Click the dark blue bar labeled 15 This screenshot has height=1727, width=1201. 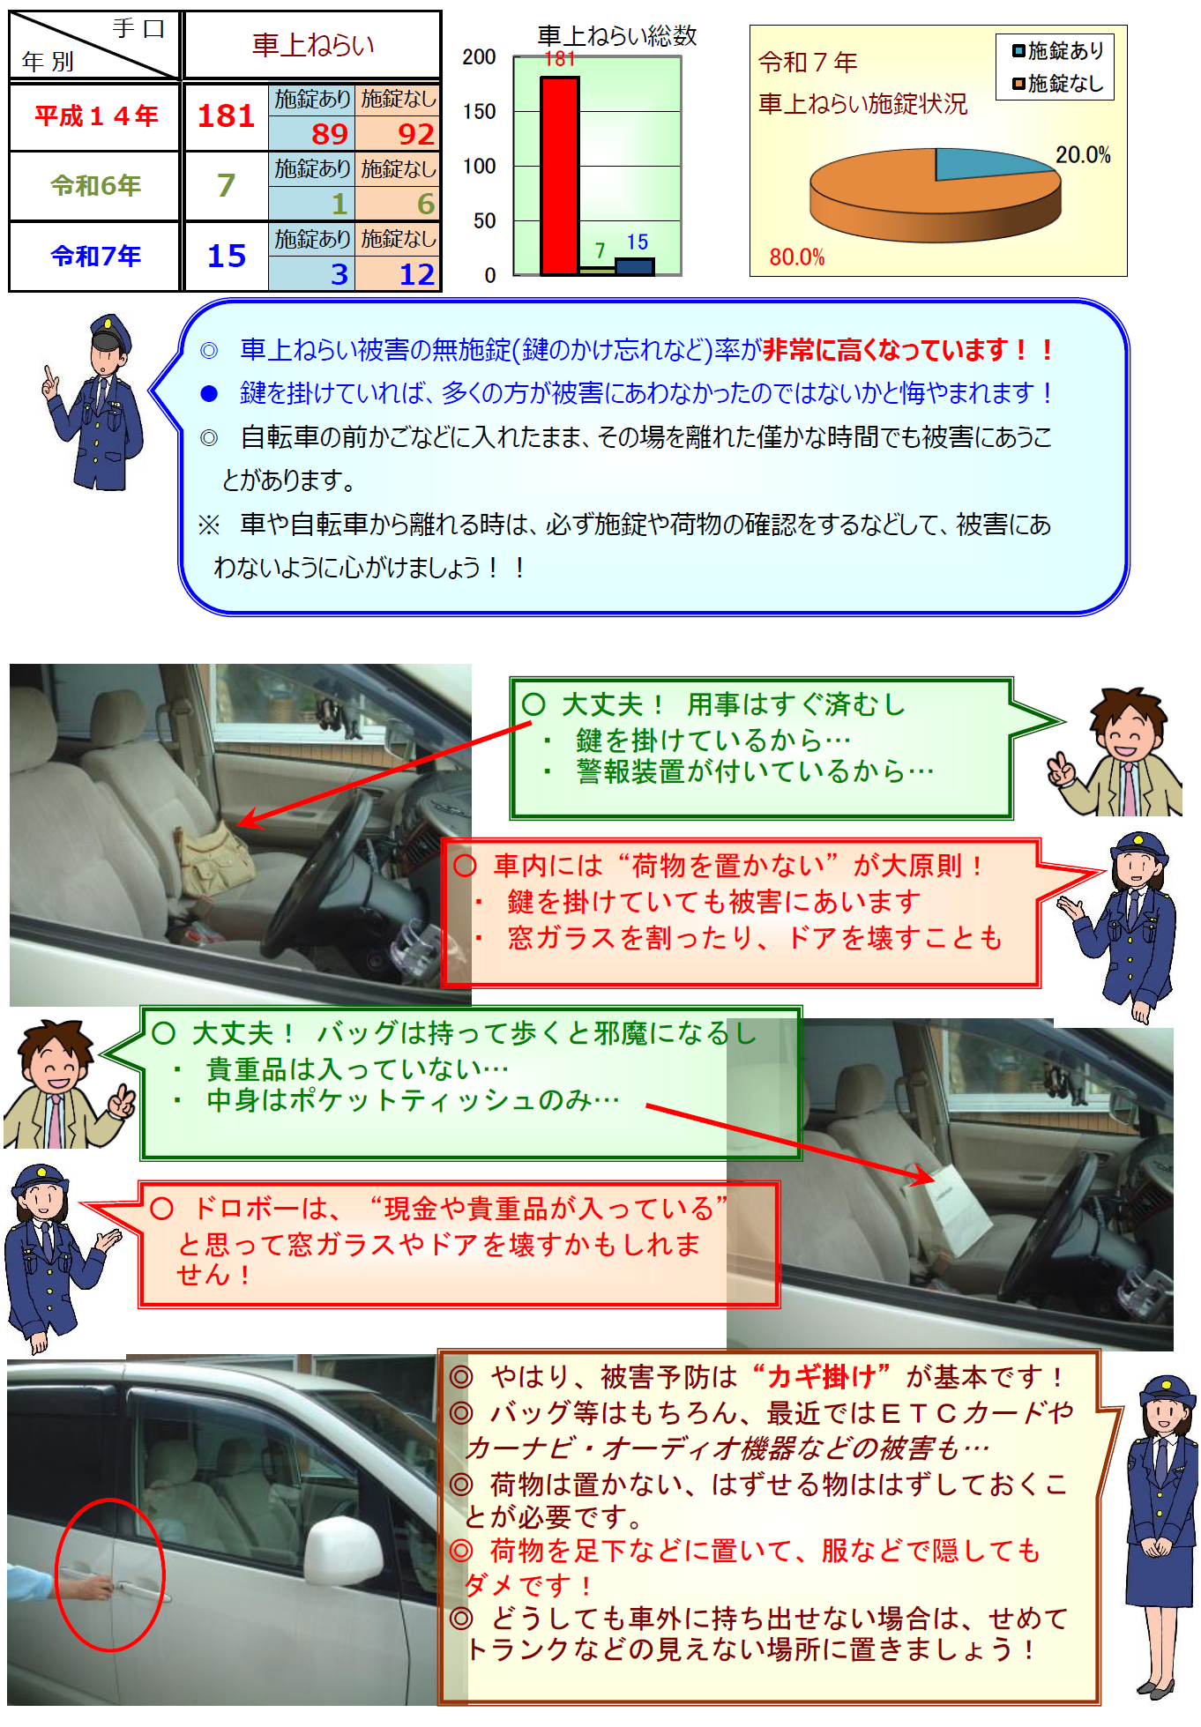point(634,265)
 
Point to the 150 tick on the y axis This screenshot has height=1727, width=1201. point(480,112)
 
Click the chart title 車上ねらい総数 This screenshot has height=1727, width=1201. point(617,35)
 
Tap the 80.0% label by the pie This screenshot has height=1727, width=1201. point(796,257)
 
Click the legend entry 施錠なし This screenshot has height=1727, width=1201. point(1057,84)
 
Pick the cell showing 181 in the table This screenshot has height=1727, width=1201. point(226,116)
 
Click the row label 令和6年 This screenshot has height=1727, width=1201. point(95,186)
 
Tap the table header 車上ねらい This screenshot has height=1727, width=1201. point(313,45)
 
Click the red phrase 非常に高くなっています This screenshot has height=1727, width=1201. point(885,350)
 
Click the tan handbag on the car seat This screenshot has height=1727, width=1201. point(212,860)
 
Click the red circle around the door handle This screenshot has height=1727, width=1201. point(111,1573)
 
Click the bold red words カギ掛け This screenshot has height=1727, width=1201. point(821,1376)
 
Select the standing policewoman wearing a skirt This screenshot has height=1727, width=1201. point(1160,1534)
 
